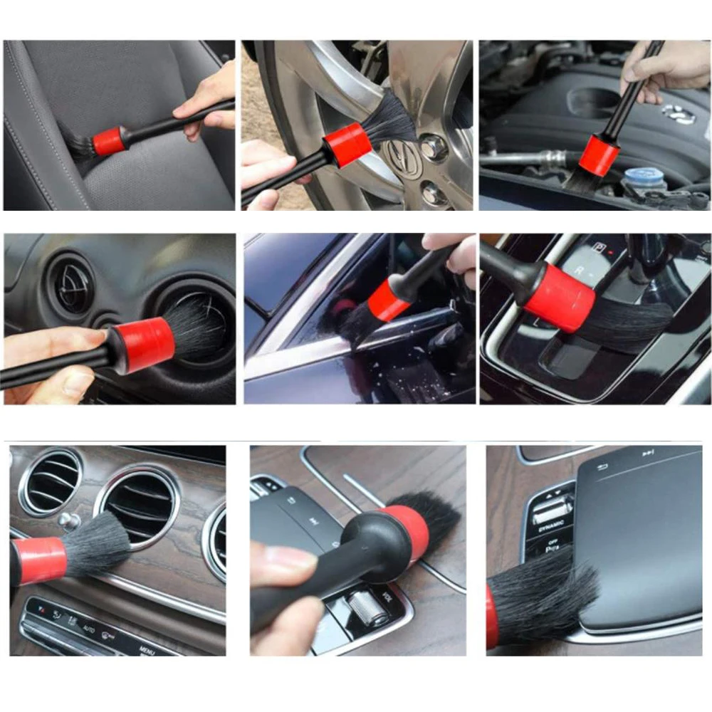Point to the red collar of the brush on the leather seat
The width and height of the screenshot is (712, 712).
tap(109, 141)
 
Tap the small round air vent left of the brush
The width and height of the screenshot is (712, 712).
tap(72, 286)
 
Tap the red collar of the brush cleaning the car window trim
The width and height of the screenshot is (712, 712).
tap(388, 300)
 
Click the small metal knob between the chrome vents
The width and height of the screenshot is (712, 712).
tap(69, 520)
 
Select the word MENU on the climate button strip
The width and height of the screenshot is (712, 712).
tap(147, 649)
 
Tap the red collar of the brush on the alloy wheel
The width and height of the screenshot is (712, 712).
tap(347, 145)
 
